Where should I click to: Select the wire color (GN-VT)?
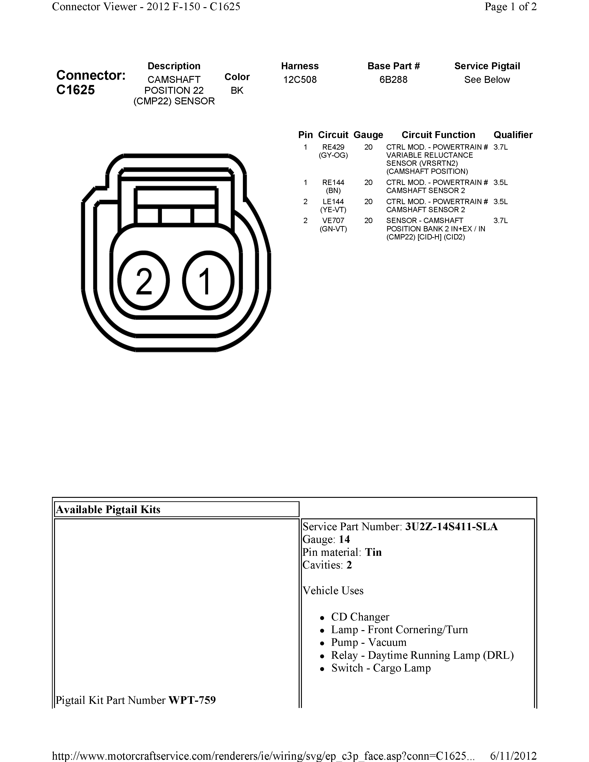coord(333,229)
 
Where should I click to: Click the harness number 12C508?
coord(300,80)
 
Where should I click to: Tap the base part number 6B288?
coord(393,80)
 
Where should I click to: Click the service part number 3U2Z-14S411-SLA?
coord(451,526)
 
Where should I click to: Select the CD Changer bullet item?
coord(360,617)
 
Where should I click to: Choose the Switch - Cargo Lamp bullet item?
coord(381,668)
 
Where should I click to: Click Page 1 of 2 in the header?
coord(510,7)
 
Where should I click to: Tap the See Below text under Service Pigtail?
coord(487,80)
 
